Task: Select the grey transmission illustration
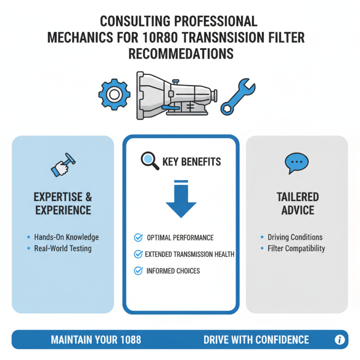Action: coord(177,95)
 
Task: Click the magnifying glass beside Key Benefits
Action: coord(150,161)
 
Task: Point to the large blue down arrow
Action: coord(181,199)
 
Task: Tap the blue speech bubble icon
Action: coord(297,163)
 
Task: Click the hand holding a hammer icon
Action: coord(63,165)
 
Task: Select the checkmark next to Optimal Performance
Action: coord(139,238)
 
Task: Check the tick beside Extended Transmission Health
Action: coord(139,254)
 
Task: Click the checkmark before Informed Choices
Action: coord(139,271)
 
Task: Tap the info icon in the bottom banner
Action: coord(340,340)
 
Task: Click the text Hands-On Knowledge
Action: coord(66,237)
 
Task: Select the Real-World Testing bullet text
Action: coord(63,248)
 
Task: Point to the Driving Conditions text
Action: coord(295,237)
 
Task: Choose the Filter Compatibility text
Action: coord(296,249)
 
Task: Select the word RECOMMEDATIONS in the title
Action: coord(181,54)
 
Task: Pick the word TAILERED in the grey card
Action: coord(298,197)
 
